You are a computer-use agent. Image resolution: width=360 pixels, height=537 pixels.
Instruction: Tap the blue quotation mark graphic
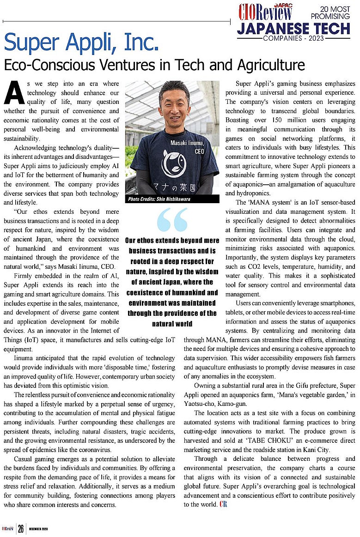tap(172, 219)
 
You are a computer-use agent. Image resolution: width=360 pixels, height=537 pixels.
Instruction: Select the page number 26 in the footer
tap(21, 529)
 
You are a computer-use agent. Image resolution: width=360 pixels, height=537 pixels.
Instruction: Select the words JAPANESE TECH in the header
tap(293, 29)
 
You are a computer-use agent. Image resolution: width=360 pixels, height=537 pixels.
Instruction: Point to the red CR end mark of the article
tap(223, 504)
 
